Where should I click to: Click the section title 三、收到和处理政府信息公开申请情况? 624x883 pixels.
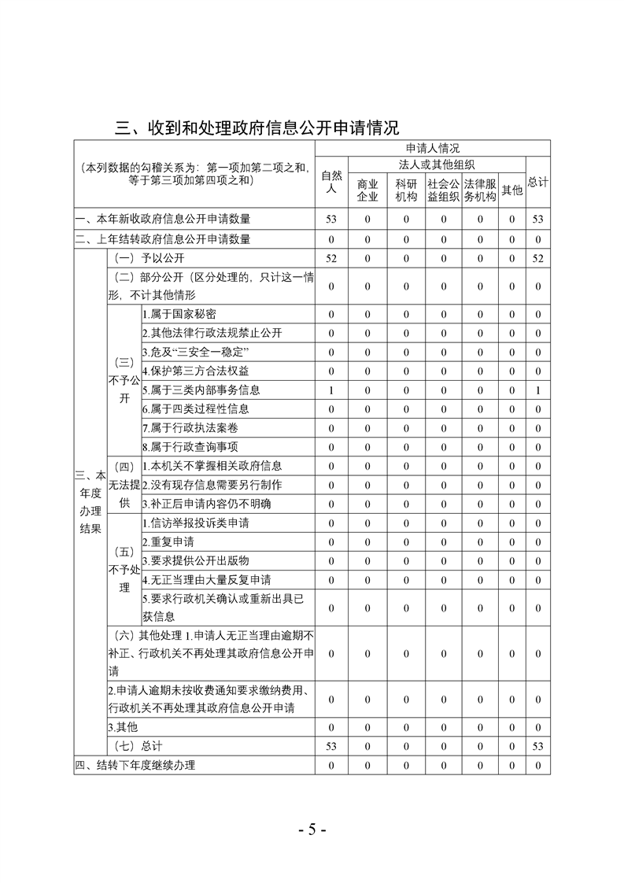click(x=257, y=127)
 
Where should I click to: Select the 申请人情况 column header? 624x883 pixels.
click(x=432, y=148)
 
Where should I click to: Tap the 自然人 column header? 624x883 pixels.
click(x=331, y=182)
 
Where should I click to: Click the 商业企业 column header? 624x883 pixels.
click(x=367, y=190)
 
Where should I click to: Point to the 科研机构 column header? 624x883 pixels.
click(x=406, y=190)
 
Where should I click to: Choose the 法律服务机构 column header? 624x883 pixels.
click(x=479, y=190)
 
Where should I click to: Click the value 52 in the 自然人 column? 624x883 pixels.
click(x=331, y=258)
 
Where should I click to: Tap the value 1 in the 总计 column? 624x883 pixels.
click(x=538, y=390)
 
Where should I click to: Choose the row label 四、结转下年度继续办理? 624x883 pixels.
click(x=135, y=765)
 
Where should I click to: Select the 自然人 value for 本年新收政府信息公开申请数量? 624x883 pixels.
click(x=331, y=219)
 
